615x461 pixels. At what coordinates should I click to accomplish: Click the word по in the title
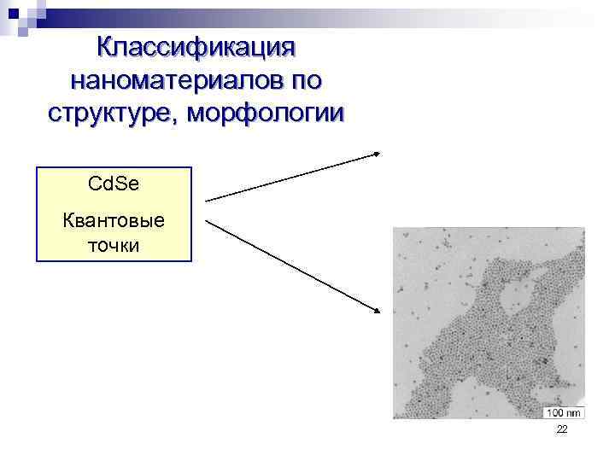306,80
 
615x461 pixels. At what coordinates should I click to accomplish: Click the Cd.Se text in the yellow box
114,183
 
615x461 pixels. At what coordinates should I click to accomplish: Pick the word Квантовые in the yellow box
114,220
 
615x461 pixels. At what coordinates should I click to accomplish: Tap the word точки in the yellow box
114,246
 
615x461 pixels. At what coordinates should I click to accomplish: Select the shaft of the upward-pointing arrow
290,177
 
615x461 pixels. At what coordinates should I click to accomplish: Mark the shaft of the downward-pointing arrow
290,264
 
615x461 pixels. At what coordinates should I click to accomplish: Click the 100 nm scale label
563,413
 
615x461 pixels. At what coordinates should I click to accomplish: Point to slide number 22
561,430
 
